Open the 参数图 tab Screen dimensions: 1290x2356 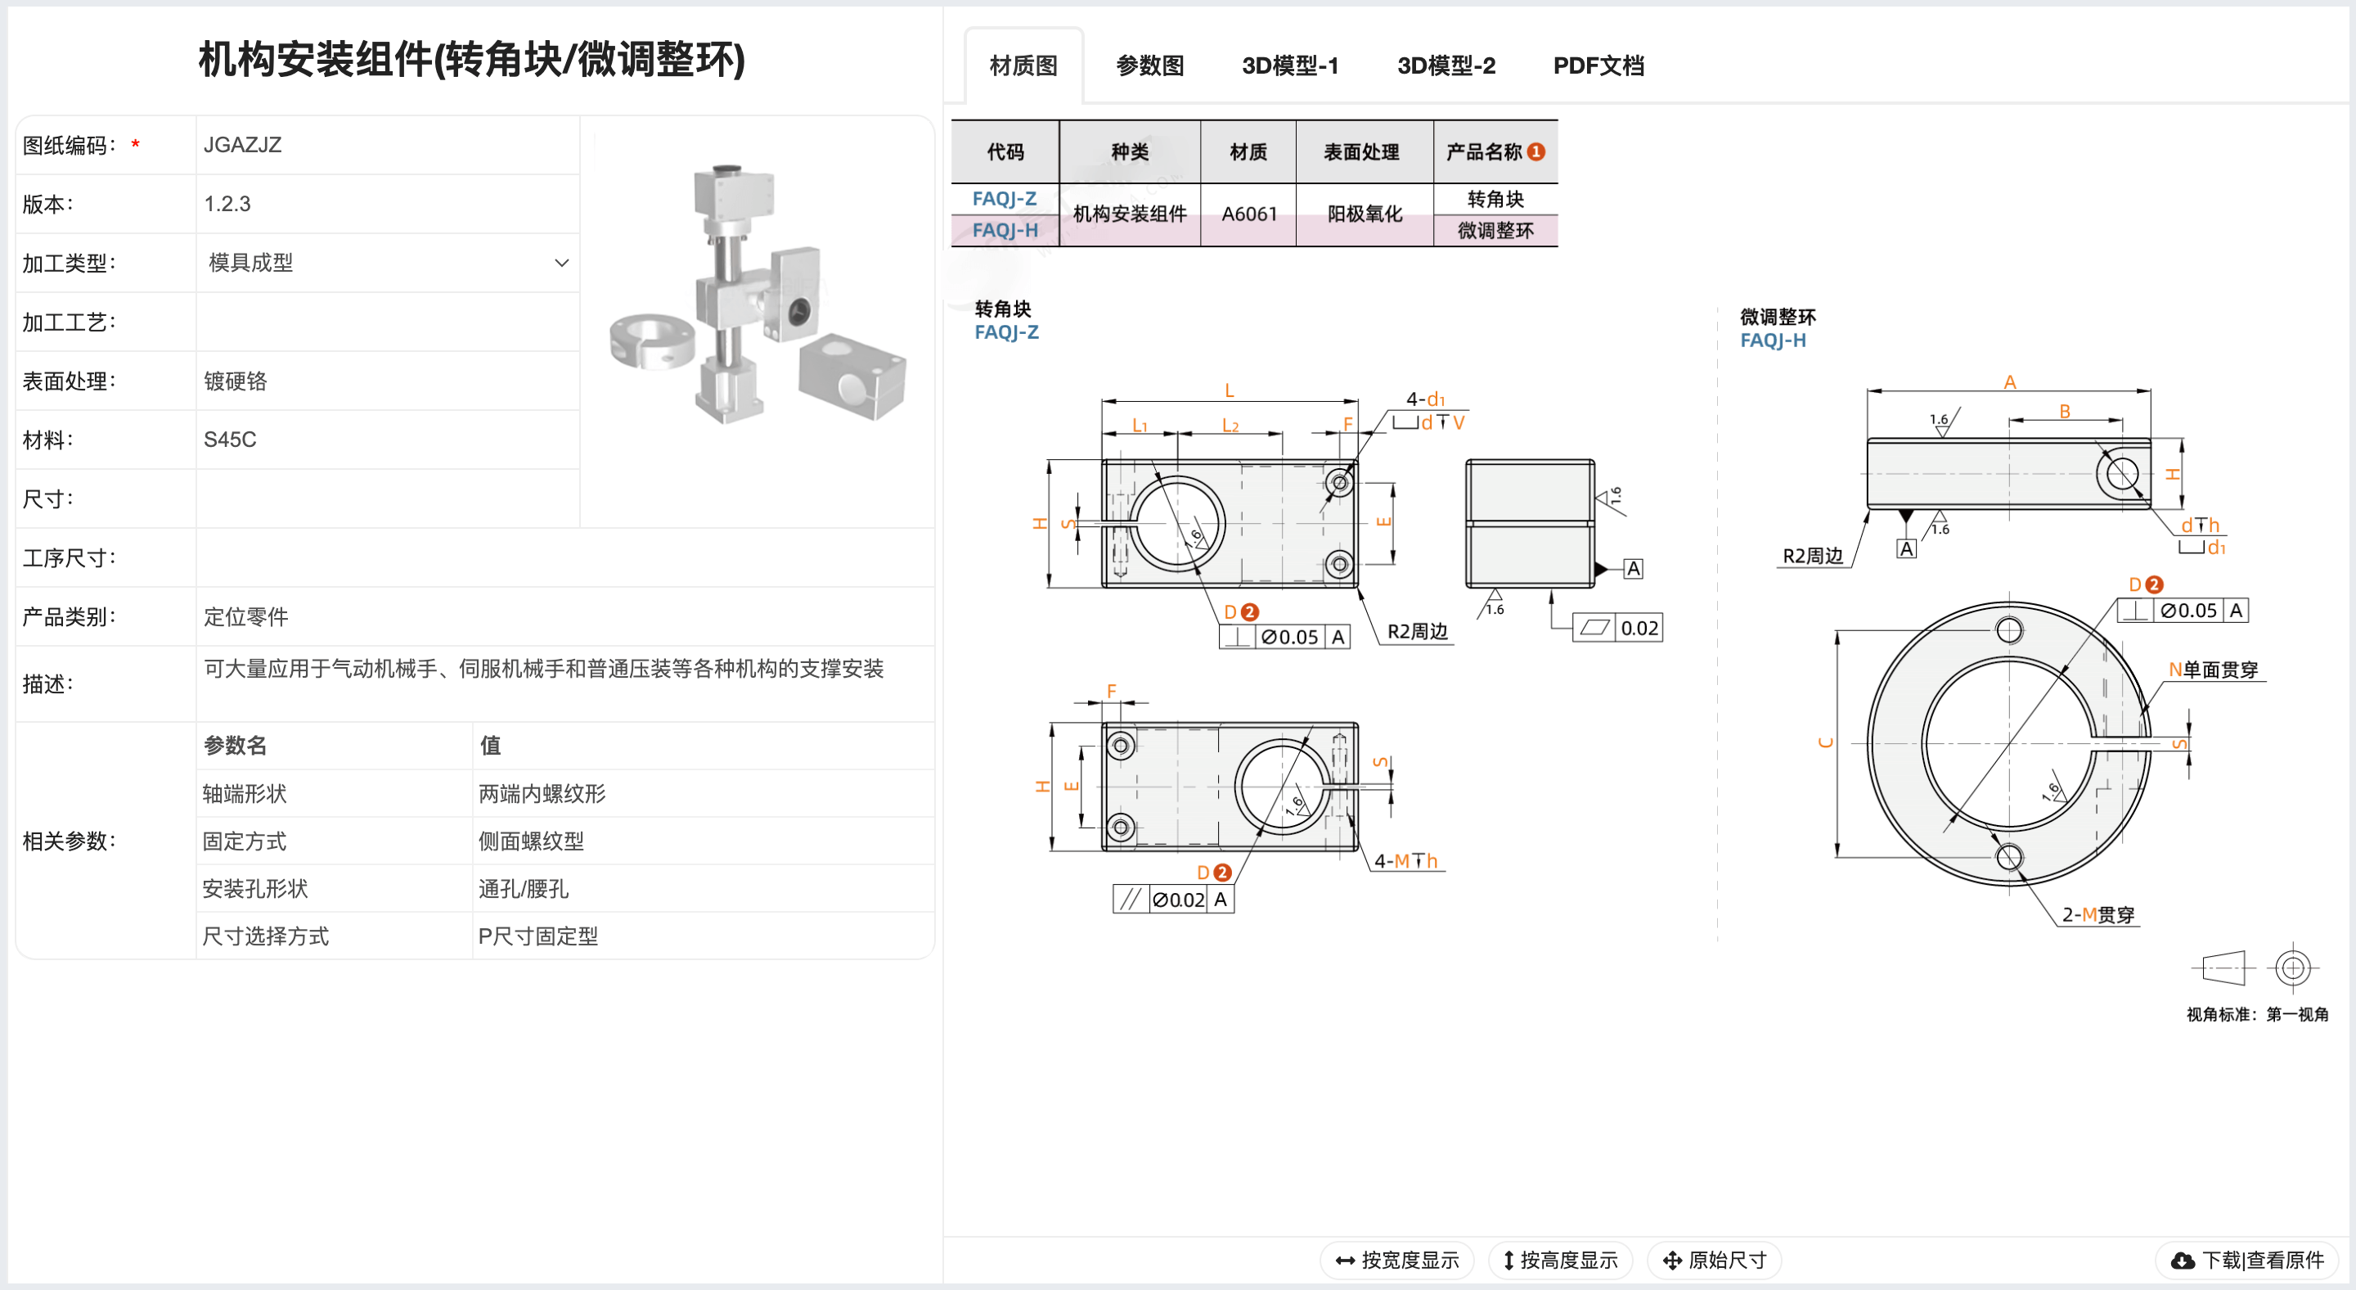1149,65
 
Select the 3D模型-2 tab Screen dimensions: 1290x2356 1446,65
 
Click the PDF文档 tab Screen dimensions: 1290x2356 1598,65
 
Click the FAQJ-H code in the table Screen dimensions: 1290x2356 1005,230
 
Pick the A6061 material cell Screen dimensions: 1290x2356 1248,214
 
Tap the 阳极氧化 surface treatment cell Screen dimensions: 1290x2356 1364,214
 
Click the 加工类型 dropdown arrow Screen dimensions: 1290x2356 561,264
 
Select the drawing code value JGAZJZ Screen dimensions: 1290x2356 242,145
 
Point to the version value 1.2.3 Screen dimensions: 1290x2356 227,204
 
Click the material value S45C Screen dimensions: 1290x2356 230,440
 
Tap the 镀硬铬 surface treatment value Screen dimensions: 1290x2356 235,381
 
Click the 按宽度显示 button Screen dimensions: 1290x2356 1396,1260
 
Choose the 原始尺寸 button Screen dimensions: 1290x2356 1714,1260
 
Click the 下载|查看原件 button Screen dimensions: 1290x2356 2247,1260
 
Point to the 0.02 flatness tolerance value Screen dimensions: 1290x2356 1639,629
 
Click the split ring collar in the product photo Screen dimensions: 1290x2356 651,341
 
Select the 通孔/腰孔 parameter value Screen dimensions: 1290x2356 524,888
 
